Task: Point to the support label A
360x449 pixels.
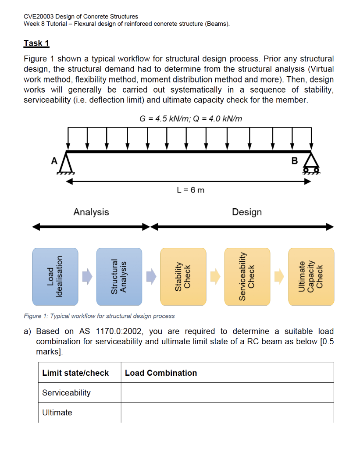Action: (x=54, y=160)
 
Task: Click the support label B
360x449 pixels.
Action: (x=295, y=160)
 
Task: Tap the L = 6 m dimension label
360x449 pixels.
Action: (x=190, y=190)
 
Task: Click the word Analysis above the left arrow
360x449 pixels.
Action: (x=91, y=212)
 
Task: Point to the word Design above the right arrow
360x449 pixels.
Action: (x=247, y=212)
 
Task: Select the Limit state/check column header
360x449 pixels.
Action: (x=75, y=373)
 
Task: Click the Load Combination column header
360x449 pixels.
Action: (x=161, y=373)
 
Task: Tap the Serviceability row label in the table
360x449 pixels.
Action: (x=66, y=393)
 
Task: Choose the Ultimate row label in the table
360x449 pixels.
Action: (x=57, y=413)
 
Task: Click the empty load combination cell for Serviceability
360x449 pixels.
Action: (x=227, y=393)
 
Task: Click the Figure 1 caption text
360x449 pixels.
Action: (x=99, y=316)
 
